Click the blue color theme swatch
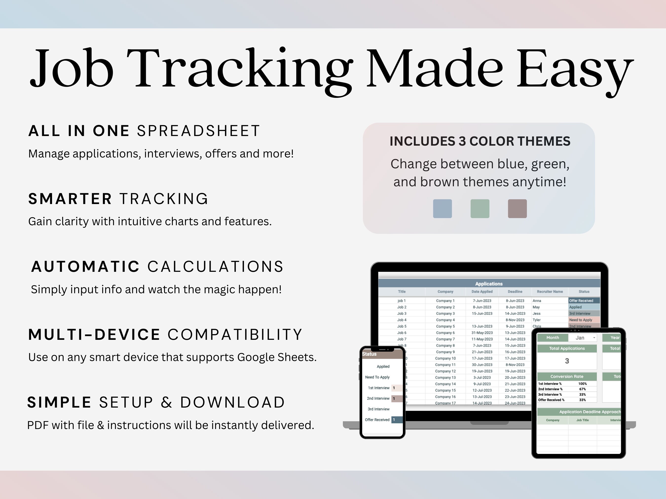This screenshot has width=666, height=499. (x=442, y=208)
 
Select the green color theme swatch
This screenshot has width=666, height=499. (x=480, y=208)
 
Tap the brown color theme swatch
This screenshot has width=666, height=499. (x=517, y=208)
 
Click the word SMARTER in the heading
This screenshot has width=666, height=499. (x=70, y=199)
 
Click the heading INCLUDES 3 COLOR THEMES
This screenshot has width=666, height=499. (x=480, y=141)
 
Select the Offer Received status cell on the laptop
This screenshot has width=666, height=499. (x=584, y=300)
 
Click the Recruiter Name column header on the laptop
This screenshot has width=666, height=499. (x=550, y=292)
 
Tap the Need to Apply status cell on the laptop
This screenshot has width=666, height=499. (x=584, y=320)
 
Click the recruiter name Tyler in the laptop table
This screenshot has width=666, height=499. (x=536, y=320)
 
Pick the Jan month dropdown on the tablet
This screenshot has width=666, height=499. (x=583, y=338)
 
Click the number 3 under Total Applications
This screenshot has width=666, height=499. (x=567, y=361)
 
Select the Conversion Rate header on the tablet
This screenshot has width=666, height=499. (x=567, y=376)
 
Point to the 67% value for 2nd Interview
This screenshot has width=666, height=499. (x=582, y=389)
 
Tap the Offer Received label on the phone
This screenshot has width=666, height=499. (x=377, y=420)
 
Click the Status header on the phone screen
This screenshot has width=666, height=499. (x=370, y=354)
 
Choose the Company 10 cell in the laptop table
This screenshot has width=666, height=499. (x=445, y=358)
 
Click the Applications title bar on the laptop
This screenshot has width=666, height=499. (x=489, y=284)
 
